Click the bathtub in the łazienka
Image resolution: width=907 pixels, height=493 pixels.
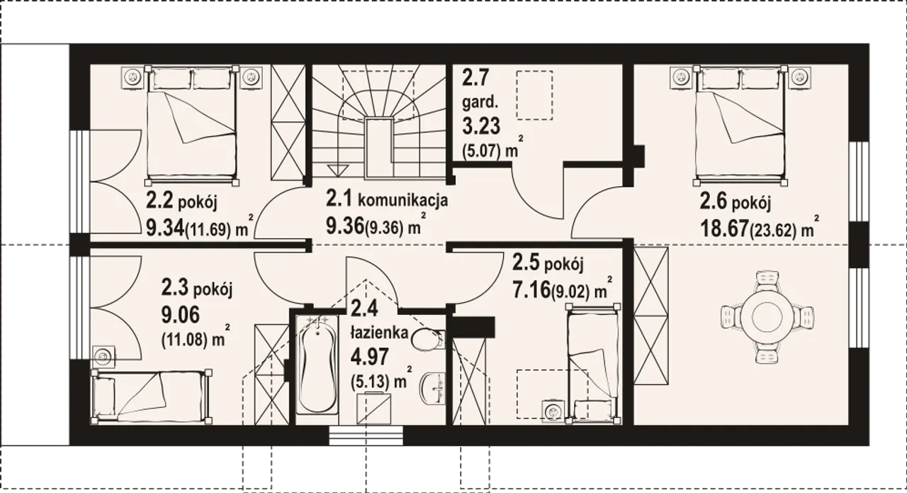(317, 365)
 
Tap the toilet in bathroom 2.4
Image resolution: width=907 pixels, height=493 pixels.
(428, 339)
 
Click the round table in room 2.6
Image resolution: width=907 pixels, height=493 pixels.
(767, 317)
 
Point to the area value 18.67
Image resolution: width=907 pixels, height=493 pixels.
(723, 228)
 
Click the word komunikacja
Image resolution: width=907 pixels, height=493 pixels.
(403, 200)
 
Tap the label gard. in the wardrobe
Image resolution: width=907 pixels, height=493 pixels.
(480, 102)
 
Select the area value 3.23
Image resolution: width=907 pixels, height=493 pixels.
(481, 126)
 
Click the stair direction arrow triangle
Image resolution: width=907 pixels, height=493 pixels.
(338, 170)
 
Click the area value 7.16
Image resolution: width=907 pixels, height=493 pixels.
(531, 290)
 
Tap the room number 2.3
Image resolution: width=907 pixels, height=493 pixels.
(174, 288)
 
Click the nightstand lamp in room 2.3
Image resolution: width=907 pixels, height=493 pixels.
(103, 358)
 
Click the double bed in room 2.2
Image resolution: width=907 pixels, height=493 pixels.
(191, 124)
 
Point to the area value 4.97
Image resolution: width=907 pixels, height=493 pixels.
(370, 357)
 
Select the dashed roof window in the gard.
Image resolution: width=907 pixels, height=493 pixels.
(534, 95)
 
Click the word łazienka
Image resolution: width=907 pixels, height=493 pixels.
(379, 333)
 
